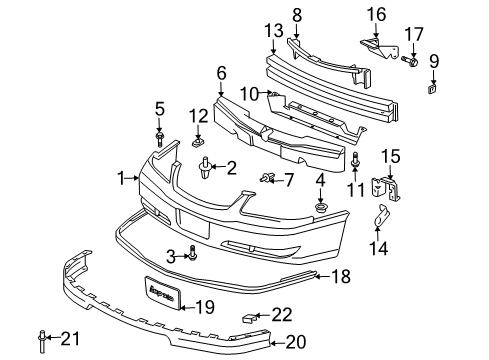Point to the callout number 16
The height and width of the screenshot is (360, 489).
[376, 13]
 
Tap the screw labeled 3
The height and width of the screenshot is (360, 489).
[193, 257]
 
